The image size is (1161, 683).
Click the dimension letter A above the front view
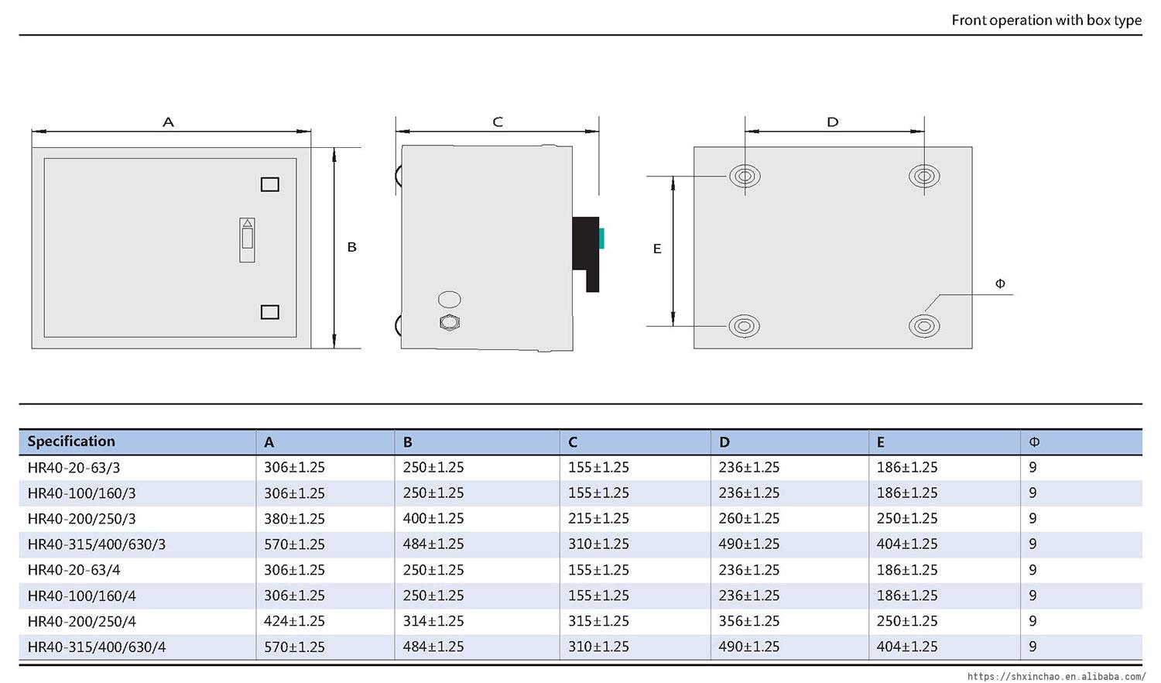coord(168,122)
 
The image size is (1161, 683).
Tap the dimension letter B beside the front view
coord(352,247)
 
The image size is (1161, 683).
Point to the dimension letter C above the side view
coord(498,122)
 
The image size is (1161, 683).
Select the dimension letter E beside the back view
coord(657,249)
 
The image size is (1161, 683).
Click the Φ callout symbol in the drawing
coord(1000,283)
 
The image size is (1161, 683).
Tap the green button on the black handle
coord(601,239)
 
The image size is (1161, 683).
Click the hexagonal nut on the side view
coord(450,323)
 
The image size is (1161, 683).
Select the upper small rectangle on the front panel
coord(269,184)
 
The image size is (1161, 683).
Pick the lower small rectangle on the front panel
coord(269,311)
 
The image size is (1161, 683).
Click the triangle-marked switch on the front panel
coord(247,239)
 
